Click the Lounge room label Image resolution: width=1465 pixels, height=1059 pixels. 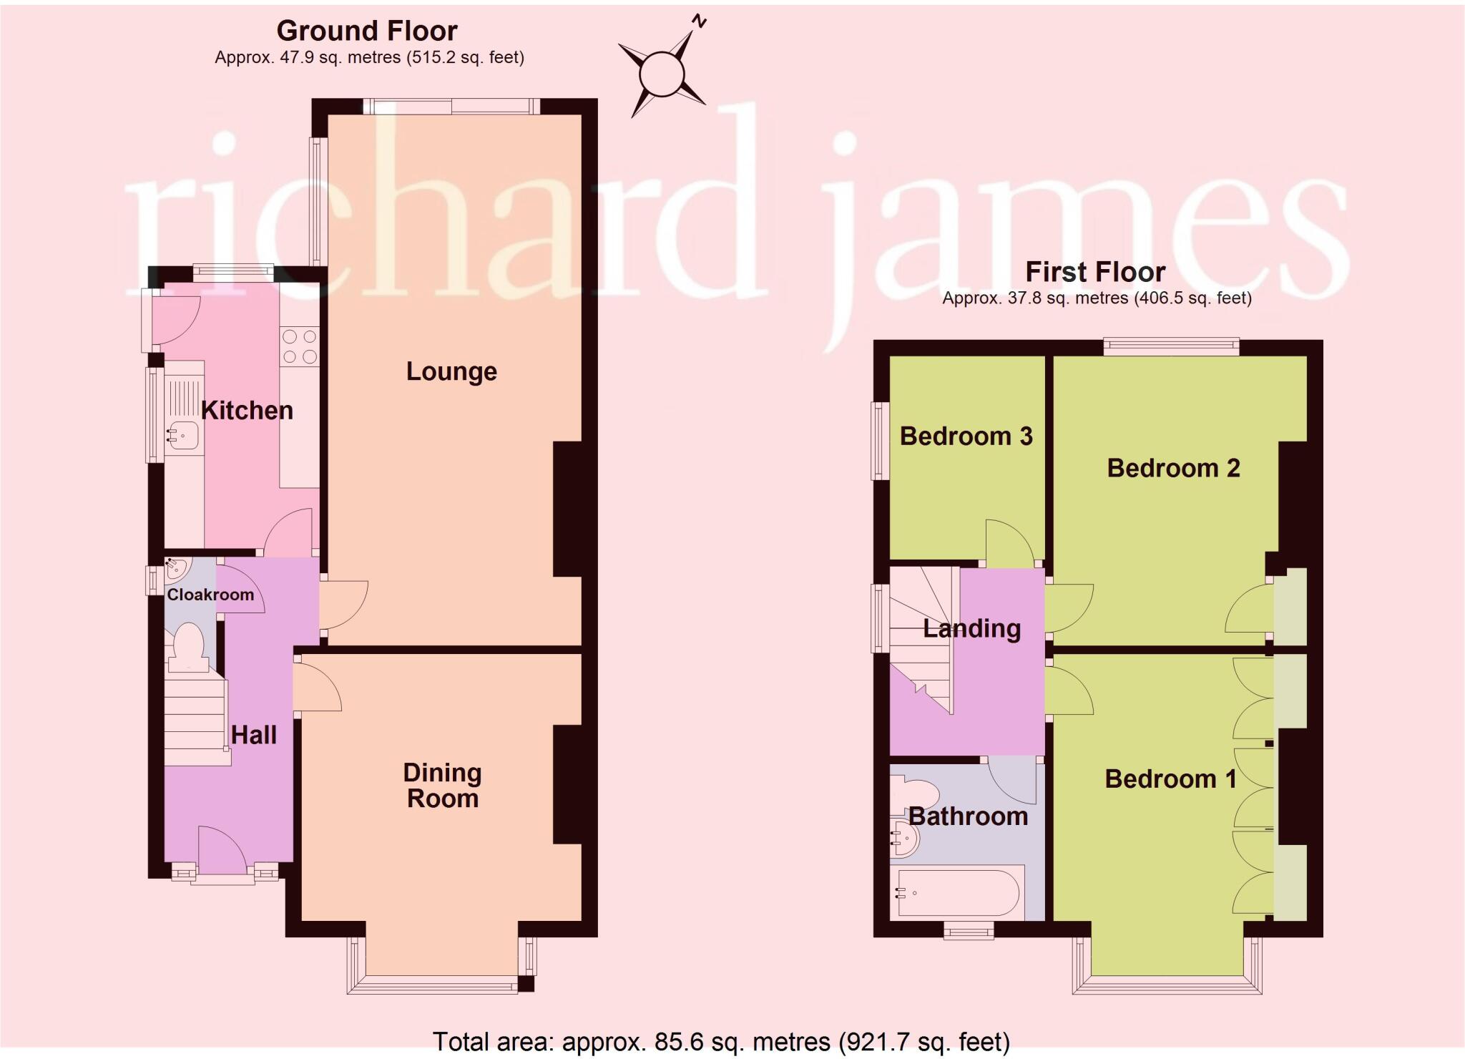tap(451, 371)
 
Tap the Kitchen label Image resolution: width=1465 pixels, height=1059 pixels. tap(247, 410)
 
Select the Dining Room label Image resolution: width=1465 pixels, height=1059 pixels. tap(442, 785)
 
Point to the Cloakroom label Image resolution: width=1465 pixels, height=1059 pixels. tap(210, 595)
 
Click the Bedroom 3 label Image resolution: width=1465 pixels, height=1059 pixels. tap(966, 436)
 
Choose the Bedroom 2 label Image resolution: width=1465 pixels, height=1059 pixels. tap(1173, 468)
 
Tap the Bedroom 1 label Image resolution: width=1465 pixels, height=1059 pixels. tap(1170, 779)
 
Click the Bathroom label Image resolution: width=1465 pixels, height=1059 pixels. tap(968, 816)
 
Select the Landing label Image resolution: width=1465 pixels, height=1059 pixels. tap(971, 628)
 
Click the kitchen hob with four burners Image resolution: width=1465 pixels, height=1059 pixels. tap(300, 346)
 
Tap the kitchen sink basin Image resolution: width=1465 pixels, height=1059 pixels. tap(184, 433)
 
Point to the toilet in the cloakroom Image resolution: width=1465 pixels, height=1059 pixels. tap(189, 646)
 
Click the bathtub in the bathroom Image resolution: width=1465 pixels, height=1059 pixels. tap(956, 892)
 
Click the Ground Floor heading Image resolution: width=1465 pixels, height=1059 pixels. tap(367, 31)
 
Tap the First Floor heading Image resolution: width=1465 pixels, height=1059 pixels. tap(1095, 272)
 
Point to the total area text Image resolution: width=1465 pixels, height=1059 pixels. tap(720, 1041)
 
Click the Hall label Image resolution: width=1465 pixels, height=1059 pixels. tap(254, 735)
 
